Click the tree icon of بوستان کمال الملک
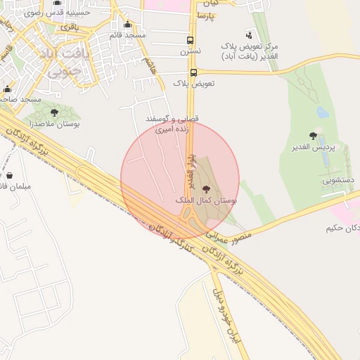[x=205, y=189]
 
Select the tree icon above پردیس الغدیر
[x=313, y=136]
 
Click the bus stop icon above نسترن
[x=190, y=40]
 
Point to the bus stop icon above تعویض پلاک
[x=193, y=72]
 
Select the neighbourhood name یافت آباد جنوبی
[x=67, y=62]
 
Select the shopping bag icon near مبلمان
[x=10, y=175]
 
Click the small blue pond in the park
[x=323, y=112]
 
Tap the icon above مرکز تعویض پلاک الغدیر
[x=249, y=34]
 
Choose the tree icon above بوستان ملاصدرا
[x=54, y=112]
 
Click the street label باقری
[x=70, y=27]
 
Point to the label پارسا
[x=206, y=15]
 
